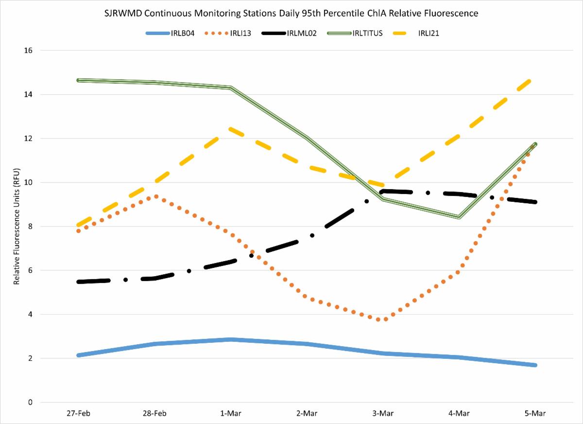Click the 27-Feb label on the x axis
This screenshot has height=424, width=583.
(79, 414)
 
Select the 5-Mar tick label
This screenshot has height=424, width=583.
(535, 414)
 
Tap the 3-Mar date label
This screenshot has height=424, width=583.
(383, 414)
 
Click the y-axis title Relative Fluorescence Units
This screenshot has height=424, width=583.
(17, 226)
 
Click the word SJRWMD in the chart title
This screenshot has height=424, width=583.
(120, 14)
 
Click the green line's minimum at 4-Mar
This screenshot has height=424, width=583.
(459, 217)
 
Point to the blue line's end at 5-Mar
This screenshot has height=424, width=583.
(535, 365)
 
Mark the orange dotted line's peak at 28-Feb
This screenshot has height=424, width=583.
(155, 196)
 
